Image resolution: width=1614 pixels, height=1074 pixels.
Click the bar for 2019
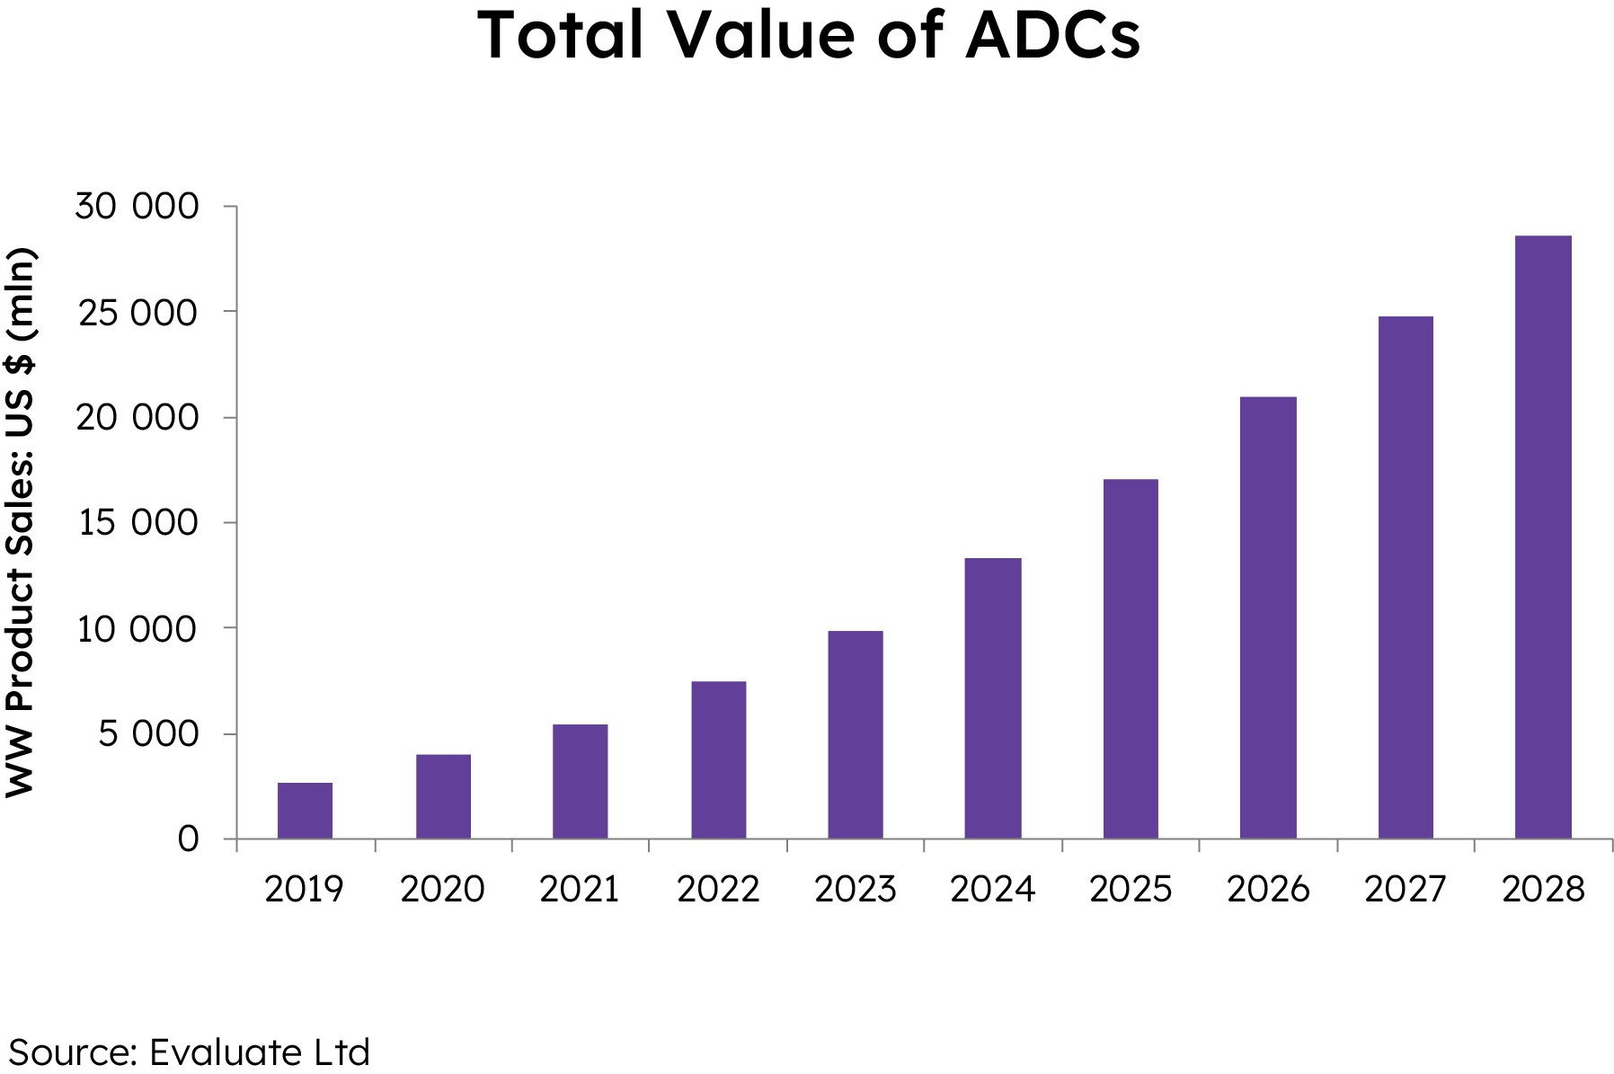[x=305, y=811]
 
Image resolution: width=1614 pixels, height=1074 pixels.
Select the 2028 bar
[x=1543, y=537]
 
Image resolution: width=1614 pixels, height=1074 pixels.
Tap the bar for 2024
[x=993, y=698]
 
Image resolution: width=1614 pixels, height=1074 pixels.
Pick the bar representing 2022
[x=718, y=759]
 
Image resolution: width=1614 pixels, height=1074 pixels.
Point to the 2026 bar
[x=1268, y=617]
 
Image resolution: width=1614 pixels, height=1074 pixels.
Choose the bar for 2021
[x=580, y=781]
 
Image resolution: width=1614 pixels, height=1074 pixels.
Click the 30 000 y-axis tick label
[x=137, y=207]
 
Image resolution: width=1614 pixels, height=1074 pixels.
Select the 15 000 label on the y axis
[x=137, y=523]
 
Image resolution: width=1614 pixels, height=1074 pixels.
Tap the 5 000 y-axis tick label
[x=148, y=734]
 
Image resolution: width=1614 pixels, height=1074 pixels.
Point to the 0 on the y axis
[x=188, y=839]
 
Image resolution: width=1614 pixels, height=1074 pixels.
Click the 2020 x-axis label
[x=442, y=890]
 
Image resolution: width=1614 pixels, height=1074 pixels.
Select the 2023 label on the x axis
[x=855, y=890]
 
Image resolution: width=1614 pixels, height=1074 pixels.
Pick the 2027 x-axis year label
[x=1405, y=890]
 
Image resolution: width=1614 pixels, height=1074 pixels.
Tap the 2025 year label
[x=1131, y=890]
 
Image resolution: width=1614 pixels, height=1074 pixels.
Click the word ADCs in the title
[x=1052, y=36]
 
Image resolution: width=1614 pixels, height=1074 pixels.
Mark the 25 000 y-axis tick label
[x=137, y=313]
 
